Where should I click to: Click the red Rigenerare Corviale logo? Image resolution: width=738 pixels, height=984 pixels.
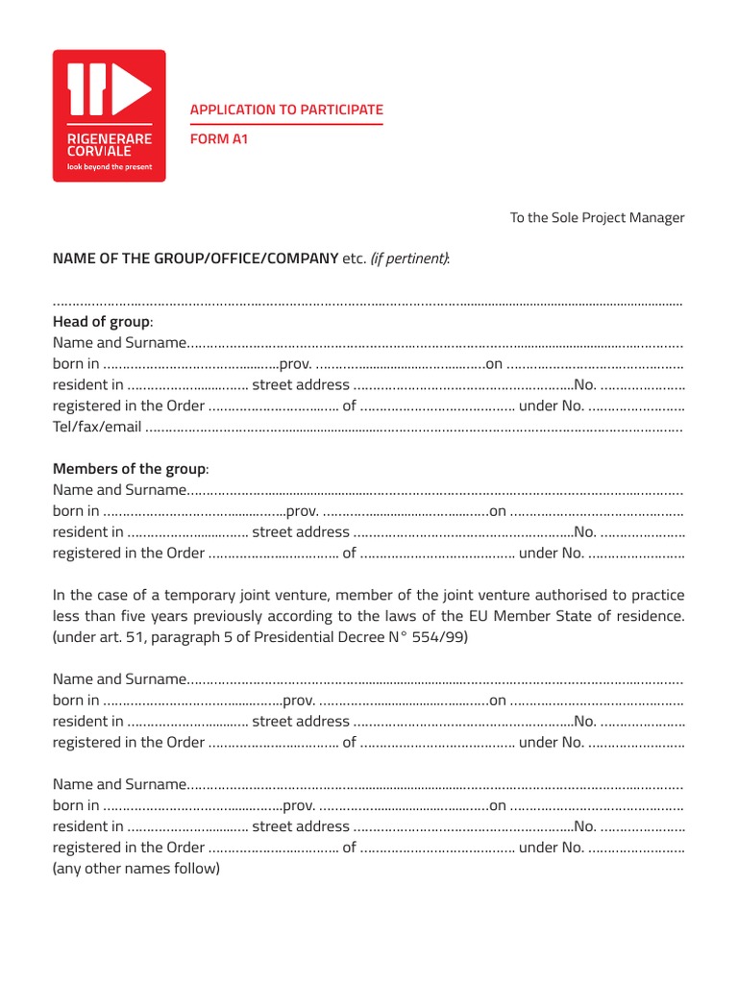click(x=109, y=115)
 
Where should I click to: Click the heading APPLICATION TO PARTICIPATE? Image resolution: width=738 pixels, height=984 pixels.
click(x=286, y=110)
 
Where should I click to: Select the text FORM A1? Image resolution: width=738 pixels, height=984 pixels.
click(x=219, y=139)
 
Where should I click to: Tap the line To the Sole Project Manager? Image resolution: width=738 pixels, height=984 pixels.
click(x=597, y=217)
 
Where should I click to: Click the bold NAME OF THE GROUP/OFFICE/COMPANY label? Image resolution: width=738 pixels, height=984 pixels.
click(x=195, y=258)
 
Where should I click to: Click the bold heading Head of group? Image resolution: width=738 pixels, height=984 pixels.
click(x=101, y=322)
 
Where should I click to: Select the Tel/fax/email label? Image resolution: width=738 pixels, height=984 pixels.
click(x=97, y=427)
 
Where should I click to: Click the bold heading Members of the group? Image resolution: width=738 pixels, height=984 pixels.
click(x=129, y=469)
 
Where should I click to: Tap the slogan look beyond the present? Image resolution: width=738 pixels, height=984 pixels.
click(x=109, y=166)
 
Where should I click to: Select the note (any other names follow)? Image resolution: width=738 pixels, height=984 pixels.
click(x=136, y=869)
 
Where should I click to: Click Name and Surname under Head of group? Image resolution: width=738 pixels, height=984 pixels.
click(x=120, y=343)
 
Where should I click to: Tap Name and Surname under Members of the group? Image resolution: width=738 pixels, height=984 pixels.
click(x=120, y=490)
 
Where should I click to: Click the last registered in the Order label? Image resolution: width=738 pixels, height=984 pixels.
click(x=129, y=848)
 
